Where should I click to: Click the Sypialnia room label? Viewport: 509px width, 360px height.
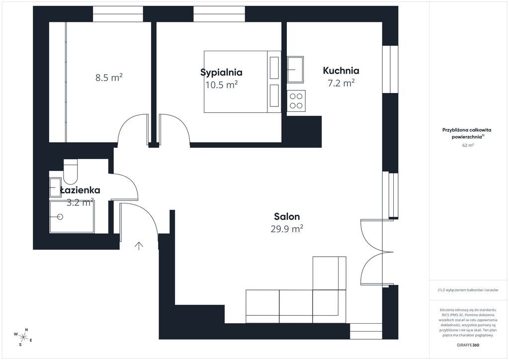[x=221, y=73]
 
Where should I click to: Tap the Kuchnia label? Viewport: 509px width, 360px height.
[x=341, y=71]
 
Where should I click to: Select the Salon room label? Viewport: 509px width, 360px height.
[x=287, y=216]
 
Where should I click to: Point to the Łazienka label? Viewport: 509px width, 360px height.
[x=80, y=190]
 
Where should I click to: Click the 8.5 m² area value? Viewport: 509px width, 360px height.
[x=109, y=78]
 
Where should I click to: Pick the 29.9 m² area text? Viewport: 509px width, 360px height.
[x=287, y=229]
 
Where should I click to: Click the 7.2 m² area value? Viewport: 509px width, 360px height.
[x=341, y=83]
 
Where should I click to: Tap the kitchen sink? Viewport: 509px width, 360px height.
[x=295, y=70]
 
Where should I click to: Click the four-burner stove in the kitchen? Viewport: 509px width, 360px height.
[x=296, y=100]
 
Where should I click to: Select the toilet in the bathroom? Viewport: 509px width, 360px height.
[x=71, y=172]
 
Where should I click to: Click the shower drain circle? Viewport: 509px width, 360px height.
[x=60, y=216]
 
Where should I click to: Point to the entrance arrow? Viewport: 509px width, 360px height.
[x=139, y=246]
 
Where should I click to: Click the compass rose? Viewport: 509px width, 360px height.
[x=23, y=337]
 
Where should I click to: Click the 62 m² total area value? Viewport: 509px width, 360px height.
[x=468, y=145]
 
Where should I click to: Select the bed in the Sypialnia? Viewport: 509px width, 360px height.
[x=242, y=82]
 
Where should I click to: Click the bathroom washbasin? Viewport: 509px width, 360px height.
[x=55, y=187]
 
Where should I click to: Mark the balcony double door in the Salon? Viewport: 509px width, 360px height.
[x=377, y=252]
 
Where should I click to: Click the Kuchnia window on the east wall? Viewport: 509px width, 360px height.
[x=390, y=70]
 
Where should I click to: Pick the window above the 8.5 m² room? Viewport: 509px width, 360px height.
[x=118, y=14]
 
